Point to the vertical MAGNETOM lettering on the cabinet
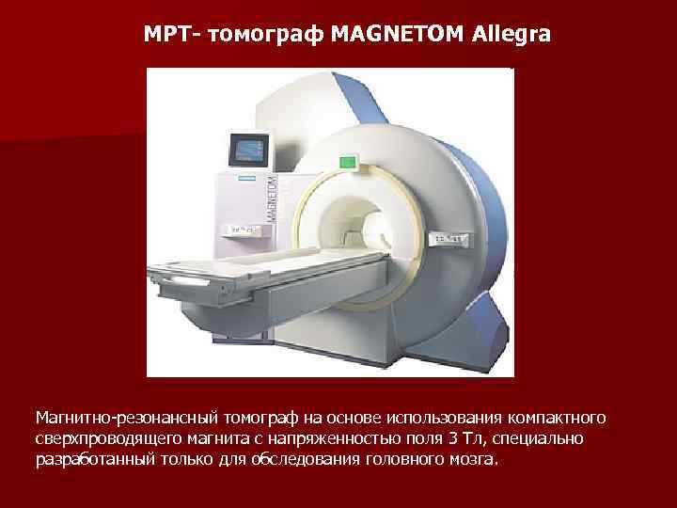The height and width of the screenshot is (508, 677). point(272,198)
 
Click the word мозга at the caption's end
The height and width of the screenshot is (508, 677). point(475,462)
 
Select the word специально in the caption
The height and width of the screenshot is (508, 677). point(543,439)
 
